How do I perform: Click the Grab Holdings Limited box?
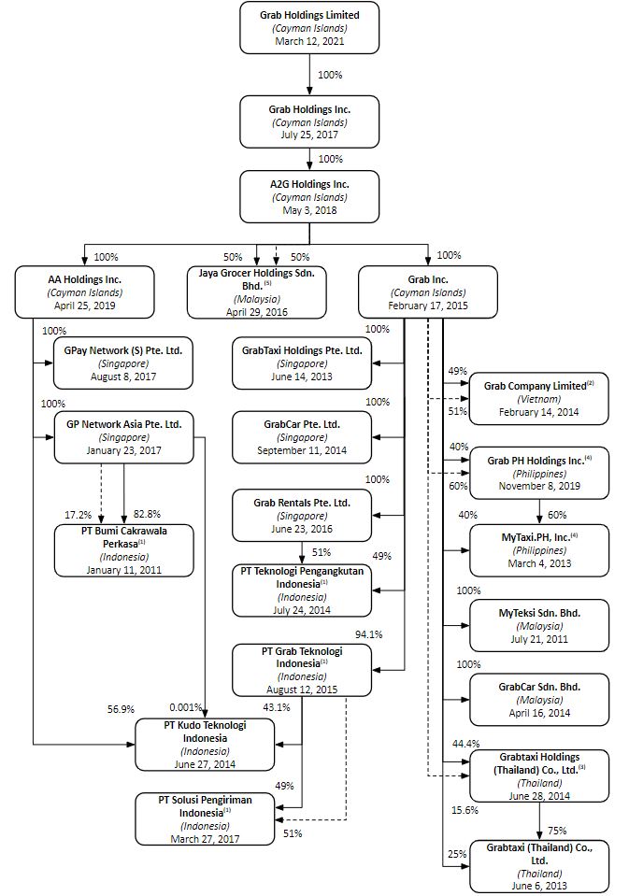point(309,27)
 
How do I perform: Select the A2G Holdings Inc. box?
point(309,196)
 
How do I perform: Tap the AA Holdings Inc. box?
point(85,292)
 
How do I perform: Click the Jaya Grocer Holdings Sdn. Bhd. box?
point(257,292)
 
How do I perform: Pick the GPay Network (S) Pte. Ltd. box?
point(123,363)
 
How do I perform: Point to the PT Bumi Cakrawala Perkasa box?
point(124,550)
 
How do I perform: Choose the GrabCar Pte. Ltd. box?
point(302,437)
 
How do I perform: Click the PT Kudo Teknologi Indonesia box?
point(205,745)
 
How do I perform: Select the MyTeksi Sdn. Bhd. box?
point(539,625)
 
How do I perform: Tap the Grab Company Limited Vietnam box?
point(538,399)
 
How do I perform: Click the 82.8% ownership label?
point(147,514)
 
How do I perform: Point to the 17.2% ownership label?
point(78,515)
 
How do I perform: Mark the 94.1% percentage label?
point(369,634)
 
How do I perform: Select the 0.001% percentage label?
point(186,707)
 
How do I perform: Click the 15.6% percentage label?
point(465,810)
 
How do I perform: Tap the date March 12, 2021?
point(309,41)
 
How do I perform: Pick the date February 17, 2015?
point(428,306)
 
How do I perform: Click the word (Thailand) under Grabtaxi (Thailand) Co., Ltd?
point(540,874)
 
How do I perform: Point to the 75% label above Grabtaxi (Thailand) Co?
point(557,831)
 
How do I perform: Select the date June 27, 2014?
point(205,764)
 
